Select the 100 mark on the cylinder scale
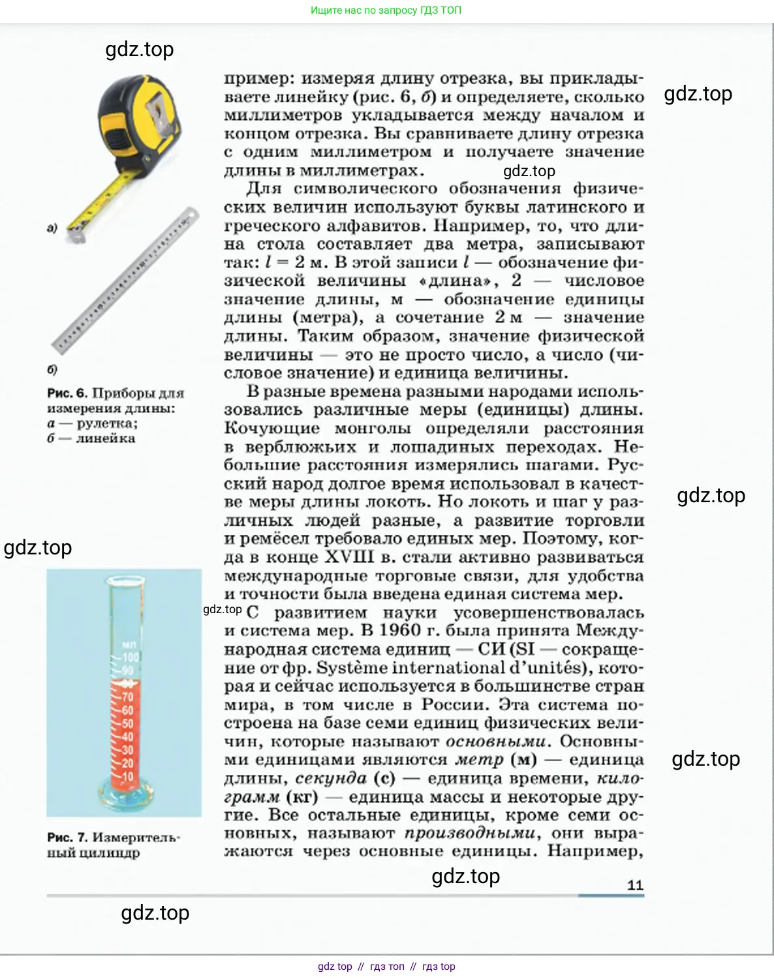coord(131,657)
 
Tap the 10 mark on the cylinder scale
coord(128,776)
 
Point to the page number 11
coord(635,885)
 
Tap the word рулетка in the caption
coord(106,424)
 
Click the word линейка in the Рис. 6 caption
coord(105,439)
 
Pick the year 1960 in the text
coord(399,631)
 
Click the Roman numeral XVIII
coord(350,558)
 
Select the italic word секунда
coord(331,778)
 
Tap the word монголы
coord(373,429)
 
